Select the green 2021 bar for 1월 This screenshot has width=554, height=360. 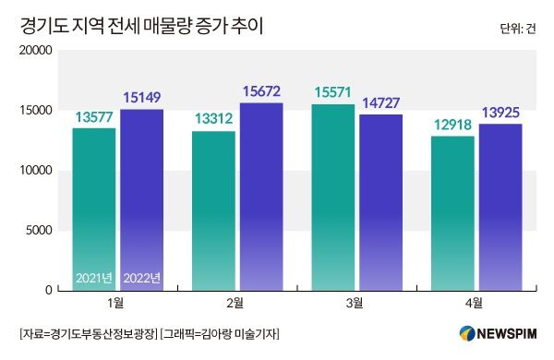(x=94, y=208)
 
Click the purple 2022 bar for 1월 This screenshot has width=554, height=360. (x=141, y=198)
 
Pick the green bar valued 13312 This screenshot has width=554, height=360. (x=213, y=210)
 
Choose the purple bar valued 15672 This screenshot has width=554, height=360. (x=261, y=196)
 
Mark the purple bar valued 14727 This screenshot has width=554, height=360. (x=380, y=201)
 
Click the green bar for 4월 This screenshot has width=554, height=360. (x=452, y=212)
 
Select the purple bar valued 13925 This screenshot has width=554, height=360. (x=500, y=206)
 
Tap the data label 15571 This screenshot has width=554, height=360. (x=333, y=93)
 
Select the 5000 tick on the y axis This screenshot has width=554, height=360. (x=38, y=231)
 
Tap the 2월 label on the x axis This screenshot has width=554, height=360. (x=235, y=304)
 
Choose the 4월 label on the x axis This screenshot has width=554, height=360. (x=474, y=304)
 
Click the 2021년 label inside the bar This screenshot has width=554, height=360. (x=94, y=278)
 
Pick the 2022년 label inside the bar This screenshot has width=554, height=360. (x=141, y=278)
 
